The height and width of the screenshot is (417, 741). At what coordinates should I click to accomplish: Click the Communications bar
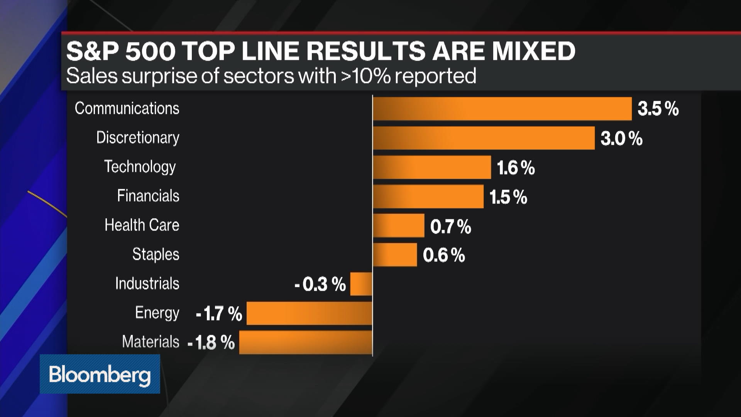pos(502,108)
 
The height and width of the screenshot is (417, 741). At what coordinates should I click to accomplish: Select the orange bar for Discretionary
pos(484,138)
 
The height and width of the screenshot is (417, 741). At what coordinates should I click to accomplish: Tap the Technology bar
pos(431,167)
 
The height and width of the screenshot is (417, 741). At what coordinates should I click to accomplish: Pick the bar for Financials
pos(428,197)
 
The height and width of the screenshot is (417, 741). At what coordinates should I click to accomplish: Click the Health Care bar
pos(398,225)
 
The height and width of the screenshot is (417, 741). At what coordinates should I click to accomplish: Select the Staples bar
pos(394,255)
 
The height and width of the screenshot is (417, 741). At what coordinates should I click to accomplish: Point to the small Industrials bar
pos(361,284)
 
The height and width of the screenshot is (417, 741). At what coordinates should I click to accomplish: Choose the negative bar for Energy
pos(309,313)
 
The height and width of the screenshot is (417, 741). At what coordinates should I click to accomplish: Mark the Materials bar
pos(305,342)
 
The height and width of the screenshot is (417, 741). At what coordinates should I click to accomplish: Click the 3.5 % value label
pos(658,109)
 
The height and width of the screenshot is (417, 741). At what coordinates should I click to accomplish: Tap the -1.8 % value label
pos(211,342)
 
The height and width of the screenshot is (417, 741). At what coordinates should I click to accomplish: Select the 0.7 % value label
pos(450,227)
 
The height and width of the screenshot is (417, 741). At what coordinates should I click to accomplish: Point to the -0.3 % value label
pos(320,285)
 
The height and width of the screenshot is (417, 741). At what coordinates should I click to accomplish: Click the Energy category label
pos(157,313)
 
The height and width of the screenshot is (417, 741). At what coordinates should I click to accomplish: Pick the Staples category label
pos(156,254)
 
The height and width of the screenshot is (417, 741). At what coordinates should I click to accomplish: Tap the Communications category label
pos(127,108)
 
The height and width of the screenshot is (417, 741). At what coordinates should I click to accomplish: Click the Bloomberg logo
pos(100,374)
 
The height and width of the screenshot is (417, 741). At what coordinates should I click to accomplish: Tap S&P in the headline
pos(92,51)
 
